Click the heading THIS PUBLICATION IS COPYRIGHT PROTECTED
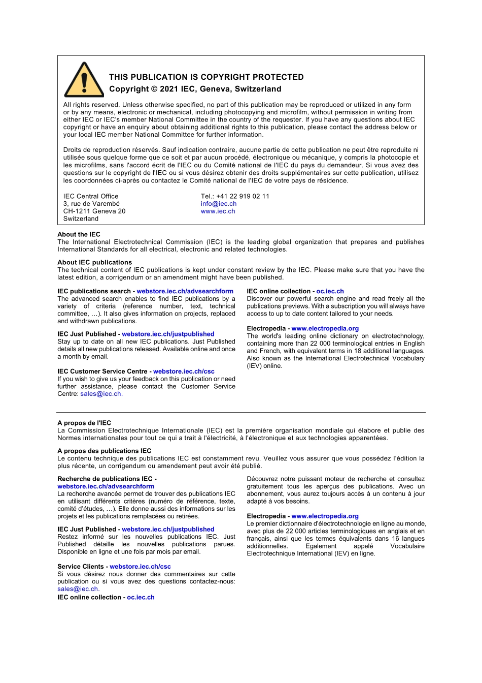tap(206, 77)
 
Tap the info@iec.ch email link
tap(218, 204)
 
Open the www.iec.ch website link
tap(218, 211)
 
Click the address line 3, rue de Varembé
tap(91, 204)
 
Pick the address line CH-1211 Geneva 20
tap(94, 211)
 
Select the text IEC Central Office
tap(91, 196)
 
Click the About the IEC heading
tap(79, 234)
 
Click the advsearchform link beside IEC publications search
tap(185, 291)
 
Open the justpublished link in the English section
tap(168, 334)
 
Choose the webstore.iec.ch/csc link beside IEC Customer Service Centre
tap(184, 371)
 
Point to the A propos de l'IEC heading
tap(84, 423)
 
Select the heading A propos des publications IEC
tap(104, 451)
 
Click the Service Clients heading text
tap(80, 567)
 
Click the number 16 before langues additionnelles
tap(395, 539)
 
